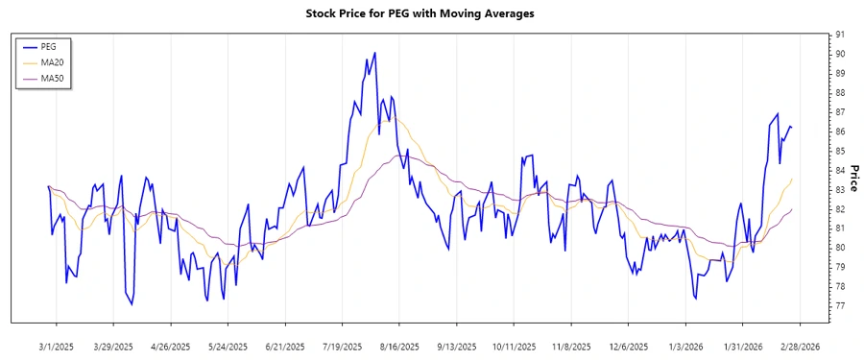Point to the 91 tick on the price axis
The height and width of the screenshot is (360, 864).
840,35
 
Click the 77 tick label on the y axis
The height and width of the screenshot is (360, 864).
840,306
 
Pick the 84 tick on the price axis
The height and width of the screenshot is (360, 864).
840,171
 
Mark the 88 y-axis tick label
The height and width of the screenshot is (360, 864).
840,93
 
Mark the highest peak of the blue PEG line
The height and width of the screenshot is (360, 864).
374,52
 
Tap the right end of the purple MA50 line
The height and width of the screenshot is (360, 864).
792,209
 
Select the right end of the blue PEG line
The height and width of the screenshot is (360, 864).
792,127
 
